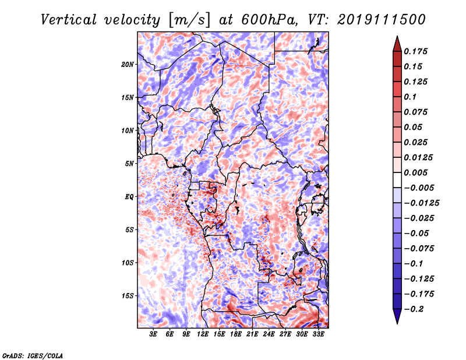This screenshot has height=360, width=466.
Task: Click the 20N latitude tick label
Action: click(127, 65)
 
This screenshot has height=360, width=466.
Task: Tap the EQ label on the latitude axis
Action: click(129, 197)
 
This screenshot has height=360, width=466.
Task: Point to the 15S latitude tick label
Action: click(127, 296)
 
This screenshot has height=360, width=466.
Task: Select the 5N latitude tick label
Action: click(129, 164)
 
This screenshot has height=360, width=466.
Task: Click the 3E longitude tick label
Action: click(153, 334)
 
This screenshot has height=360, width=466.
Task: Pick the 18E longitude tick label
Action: click(236, 334)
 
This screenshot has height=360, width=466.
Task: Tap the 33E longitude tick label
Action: click(318, 334)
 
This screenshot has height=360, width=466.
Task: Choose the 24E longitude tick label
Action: click(269, 334)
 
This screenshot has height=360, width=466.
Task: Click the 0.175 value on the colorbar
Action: click(415, 51)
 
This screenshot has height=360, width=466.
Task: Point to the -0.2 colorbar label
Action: click(414, 309)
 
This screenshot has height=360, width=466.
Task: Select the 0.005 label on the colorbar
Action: click(415, 172)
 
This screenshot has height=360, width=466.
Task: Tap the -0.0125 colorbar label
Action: click(421, 203)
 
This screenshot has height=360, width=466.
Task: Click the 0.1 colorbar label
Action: click(410, 97)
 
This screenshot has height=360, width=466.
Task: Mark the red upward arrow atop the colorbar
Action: click(397, 44)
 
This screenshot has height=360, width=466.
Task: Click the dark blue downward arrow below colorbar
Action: click(397, 316)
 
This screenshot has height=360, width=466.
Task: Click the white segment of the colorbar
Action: click(397, 180)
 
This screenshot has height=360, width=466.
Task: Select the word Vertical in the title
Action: click(69, 20)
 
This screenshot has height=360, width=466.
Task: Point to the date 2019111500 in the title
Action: click(382, 20)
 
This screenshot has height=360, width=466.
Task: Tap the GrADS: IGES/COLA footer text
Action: click(33, 356)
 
